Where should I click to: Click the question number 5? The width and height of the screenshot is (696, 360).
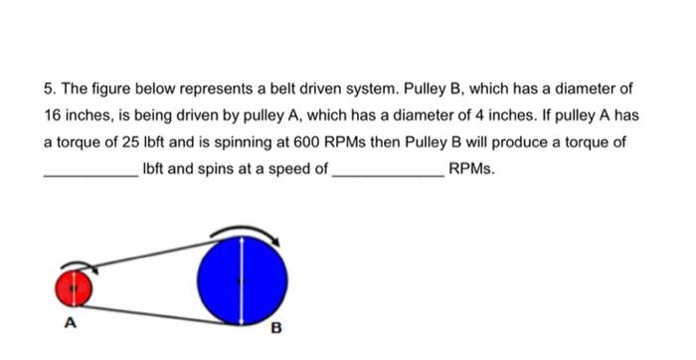[51, 89]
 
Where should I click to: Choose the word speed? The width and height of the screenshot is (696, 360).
[302, 169]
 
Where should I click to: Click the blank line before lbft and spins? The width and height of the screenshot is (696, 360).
[91, 175]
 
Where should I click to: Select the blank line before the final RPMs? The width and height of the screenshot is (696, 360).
[388, 175]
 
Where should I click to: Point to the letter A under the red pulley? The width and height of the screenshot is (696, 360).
[70, 322]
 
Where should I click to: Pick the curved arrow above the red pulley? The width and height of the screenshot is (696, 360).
[77, 267]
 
